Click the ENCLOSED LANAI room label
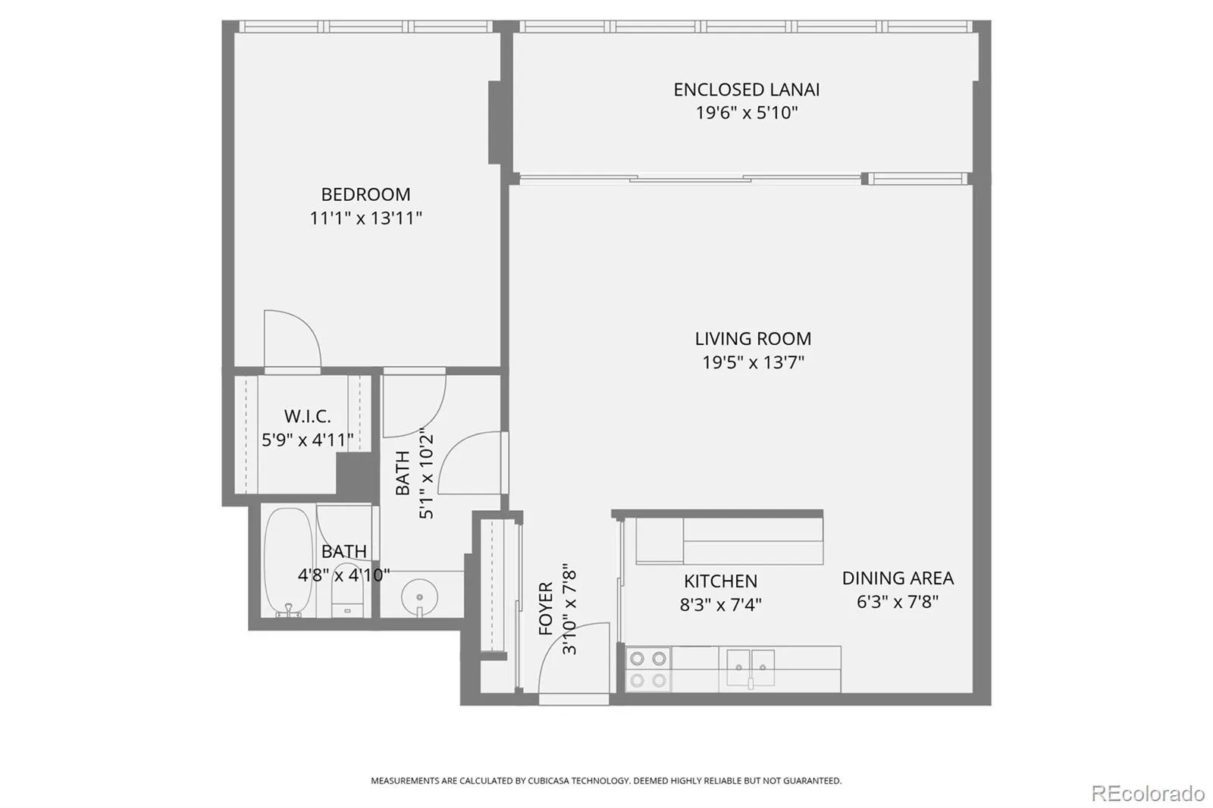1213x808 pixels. (x=746, y=89)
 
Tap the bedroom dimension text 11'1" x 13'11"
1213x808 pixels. (x=365, y=218)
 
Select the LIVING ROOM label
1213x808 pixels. (x=754, y=339)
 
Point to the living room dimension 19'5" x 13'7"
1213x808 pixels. (x=754, y=362)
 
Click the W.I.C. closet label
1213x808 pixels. (x=308, y=416)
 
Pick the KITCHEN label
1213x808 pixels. (x=720, y=581)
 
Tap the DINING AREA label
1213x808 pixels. (x=898, y=578)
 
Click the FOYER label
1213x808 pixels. (x=546, y=608)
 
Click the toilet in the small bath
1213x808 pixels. (x=346, y=591)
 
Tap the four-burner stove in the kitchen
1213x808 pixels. (x=648, y=669)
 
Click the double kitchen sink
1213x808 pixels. (x=751, y=669)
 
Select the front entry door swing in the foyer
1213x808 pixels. (x=574, y=658)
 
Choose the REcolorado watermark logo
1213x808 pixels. (x=1148, y=794)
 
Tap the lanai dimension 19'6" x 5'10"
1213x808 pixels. (x=747, y=113)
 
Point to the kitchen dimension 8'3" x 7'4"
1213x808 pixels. (x=721, y=604)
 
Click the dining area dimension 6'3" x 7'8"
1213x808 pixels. (x=898, y=602)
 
